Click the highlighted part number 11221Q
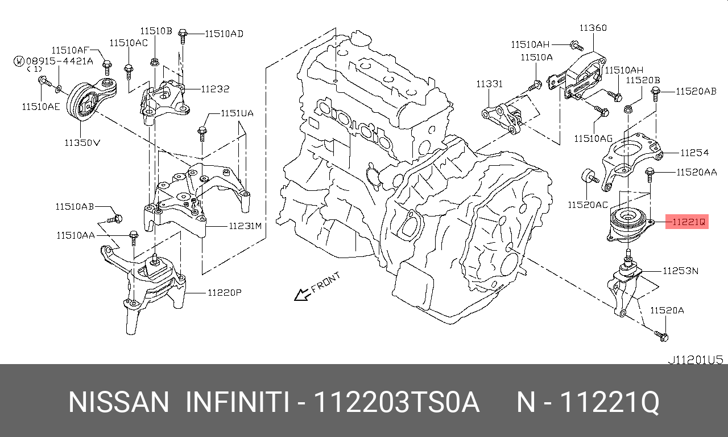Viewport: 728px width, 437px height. pos(689,222)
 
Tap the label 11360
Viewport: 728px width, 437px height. pos(593,27)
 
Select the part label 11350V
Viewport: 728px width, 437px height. pos(81,142)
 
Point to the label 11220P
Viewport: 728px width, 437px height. pos(225,293)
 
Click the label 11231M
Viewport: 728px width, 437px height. pos(245,226)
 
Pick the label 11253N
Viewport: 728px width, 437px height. pos(680,271)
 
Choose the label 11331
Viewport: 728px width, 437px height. pos(490,84)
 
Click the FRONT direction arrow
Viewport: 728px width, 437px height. pos(300,294)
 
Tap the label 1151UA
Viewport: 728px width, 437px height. pos(237,113)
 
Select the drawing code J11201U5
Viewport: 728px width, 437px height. pos(695,360)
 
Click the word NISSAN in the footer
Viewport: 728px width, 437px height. pos(119,403)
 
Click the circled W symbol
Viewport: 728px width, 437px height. pos(19,60)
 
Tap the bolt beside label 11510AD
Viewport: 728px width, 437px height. pos(183,35)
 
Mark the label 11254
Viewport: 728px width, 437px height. pos(694,152)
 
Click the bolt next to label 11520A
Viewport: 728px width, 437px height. pos(661,336)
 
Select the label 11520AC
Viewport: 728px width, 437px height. pos(588,204)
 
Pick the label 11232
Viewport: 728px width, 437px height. pos(214,89)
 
